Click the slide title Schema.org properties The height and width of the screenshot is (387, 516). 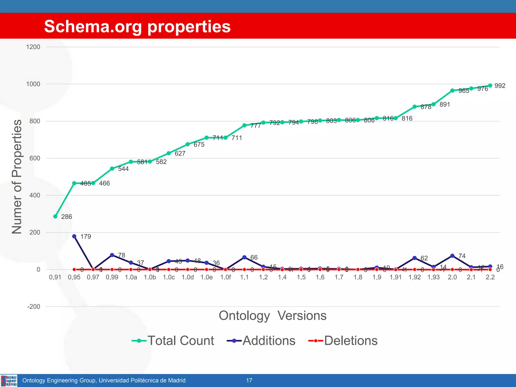tap(137, 26)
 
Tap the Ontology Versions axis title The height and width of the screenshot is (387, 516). tap(272, 315)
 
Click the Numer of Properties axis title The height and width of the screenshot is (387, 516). tap(17, 177)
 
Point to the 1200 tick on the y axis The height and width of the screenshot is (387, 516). tap(33, 47)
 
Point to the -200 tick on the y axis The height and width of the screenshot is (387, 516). tap(34, 307)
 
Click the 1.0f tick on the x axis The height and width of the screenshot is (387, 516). tap(225, 277)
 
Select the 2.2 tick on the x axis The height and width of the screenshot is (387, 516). tap(490, 277)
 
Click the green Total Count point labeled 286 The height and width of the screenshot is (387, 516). tap(55, 216)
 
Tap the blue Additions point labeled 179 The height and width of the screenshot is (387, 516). tap(74, 236)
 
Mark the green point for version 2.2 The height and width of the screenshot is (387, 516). tap(490, 85)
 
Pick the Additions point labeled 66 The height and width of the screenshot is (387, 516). tap(244, 257)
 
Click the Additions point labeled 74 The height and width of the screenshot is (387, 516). tap(452, 256)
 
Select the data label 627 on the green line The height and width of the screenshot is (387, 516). tap(180, 153)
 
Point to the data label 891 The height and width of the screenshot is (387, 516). tap(445, 104)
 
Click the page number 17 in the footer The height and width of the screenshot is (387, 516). tap(249, 380)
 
